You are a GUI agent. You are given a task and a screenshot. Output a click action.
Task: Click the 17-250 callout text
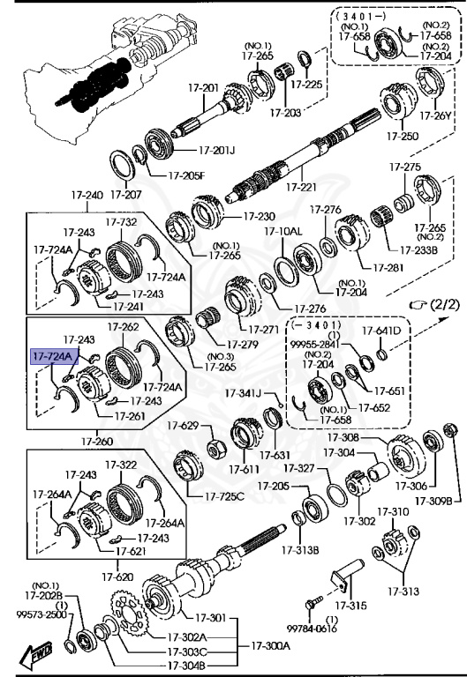tap(403, 137)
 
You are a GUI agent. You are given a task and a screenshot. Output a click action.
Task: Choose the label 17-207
tap(126, 195)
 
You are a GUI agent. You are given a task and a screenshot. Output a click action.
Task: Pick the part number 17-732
tap(122, 223)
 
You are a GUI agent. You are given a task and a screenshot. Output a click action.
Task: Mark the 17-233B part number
tap(419, 249)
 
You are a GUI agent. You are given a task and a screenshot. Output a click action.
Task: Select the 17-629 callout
tap(184, 426)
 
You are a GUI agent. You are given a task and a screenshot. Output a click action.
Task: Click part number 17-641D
tap(383, 331)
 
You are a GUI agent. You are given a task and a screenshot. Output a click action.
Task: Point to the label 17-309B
tap(434, 501)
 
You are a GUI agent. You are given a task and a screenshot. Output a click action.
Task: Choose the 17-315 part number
tap(350, 606)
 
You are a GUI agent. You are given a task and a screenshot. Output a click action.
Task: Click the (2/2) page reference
tap(440, 304)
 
